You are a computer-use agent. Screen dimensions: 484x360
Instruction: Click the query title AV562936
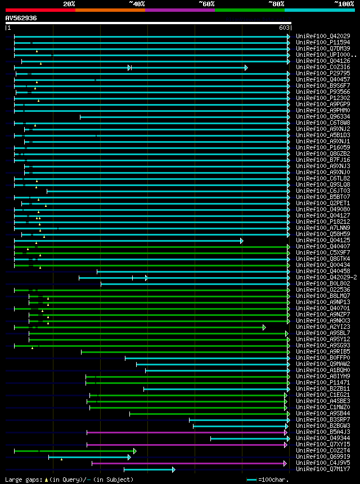(x=21, y=18)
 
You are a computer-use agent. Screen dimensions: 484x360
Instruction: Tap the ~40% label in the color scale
(x=137, y=4)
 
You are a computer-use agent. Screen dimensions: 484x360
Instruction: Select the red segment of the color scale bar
(x=40, y=10)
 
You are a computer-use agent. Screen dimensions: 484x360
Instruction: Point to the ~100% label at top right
(x=344, y=4)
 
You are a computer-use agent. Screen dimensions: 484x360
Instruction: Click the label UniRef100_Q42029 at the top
(x=323, y=37)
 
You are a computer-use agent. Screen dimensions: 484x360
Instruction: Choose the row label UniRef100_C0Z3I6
(x=323, y=67)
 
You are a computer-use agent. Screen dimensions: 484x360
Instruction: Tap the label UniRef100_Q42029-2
(x=326, y=278)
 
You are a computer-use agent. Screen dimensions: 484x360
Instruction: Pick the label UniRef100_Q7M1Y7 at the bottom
(x=323, y=469)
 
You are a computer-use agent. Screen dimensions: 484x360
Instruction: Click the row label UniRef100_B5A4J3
(x=323, y=432)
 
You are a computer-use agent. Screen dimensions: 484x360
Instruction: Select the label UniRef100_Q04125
(x=323, y=241)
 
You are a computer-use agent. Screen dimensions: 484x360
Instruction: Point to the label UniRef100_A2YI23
(x=323, y=327)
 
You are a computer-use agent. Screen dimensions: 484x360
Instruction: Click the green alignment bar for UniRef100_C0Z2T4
(x=73, y=451)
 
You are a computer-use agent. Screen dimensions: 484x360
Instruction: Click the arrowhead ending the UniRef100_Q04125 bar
(x=242, y=241)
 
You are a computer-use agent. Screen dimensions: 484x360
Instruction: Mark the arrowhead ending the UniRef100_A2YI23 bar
(x=264, y=327)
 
